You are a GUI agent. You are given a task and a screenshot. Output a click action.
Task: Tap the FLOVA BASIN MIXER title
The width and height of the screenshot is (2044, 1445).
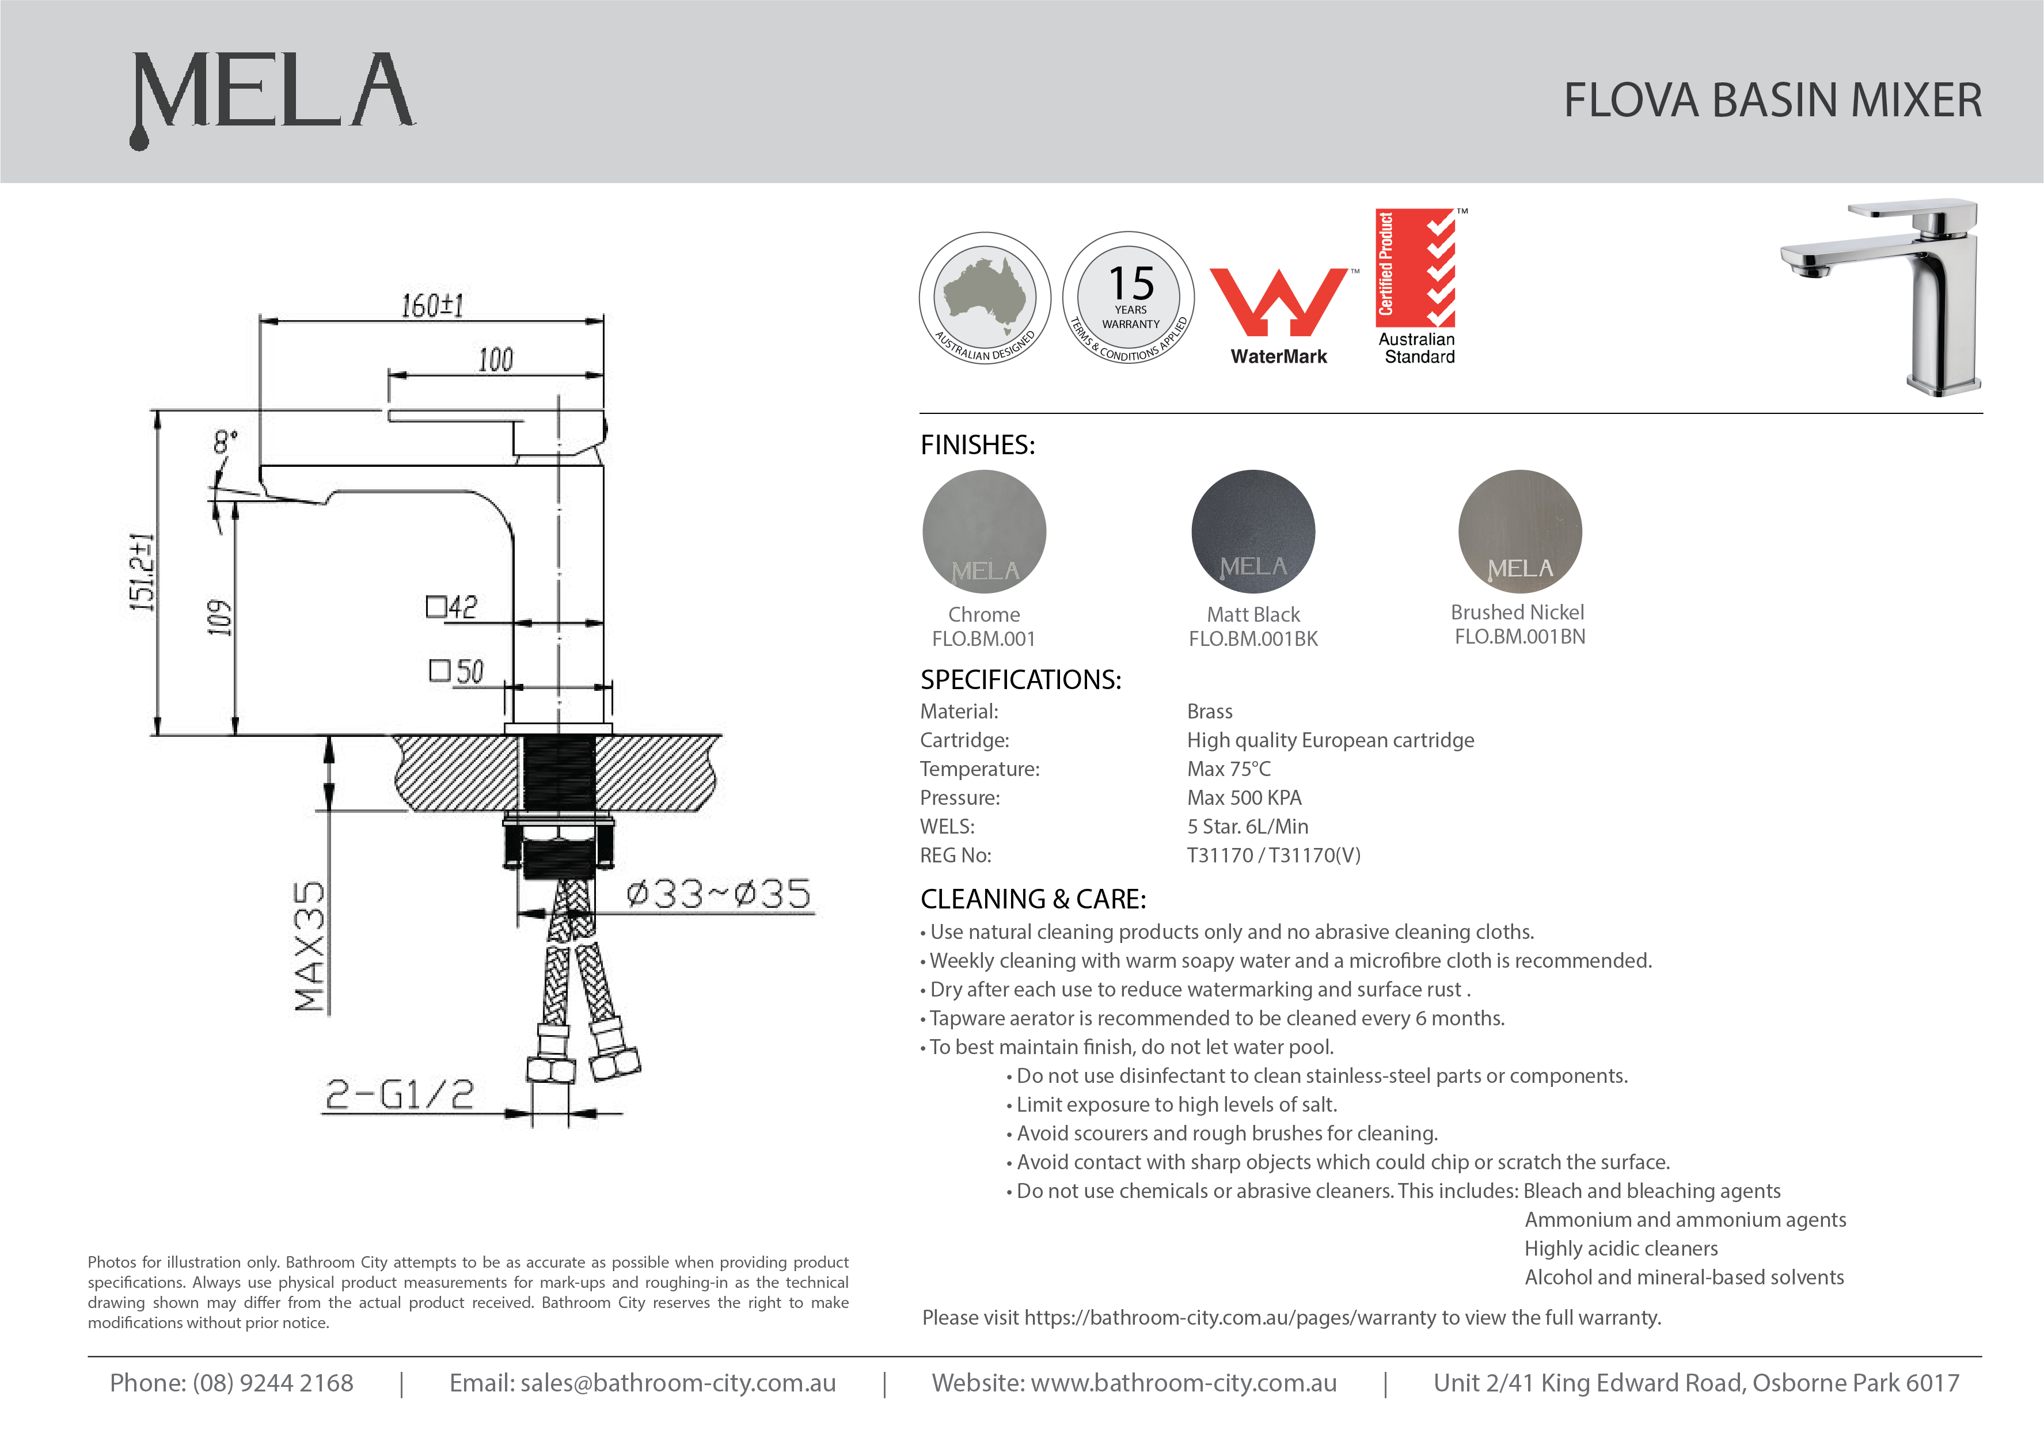point(1772,100)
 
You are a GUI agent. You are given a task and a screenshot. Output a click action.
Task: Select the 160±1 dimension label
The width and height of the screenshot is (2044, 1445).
point(432,305)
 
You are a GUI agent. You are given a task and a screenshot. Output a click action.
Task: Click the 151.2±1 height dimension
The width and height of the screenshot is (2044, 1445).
point(142,572)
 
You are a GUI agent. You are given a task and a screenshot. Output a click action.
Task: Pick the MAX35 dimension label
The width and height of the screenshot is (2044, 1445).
point(310,946)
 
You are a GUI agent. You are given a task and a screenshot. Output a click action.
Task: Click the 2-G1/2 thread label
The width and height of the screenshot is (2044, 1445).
point(399,1094)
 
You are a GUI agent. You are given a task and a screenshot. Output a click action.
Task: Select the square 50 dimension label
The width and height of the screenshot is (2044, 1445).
point(457,671)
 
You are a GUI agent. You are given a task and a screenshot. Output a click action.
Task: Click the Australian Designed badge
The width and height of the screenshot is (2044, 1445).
point(985,298)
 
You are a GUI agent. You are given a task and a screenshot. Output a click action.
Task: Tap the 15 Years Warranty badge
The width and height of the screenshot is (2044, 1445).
point(1129,298)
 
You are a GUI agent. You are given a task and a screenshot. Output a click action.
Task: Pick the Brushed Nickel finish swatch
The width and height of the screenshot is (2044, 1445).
point(1519,531)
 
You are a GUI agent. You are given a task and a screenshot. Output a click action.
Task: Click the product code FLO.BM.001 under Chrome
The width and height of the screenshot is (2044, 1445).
point(984,638)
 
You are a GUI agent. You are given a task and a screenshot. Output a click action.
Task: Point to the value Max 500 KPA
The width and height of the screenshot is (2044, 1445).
point(1244,798)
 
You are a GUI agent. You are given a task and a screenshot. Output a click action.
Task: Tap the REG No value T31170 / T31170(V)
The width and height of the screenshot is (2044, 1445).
point(1273,855)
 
